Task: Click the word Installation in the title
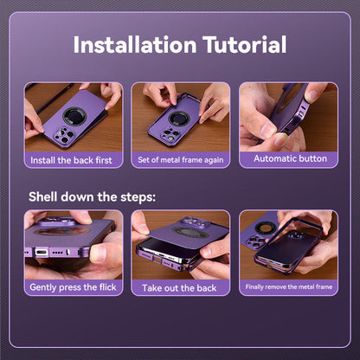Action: pos(135,45)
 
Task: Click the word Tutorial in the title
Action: pos(245,45)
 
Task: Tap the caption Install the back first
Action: pos(71,160)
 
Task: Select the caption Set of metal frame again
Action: pos(181,160)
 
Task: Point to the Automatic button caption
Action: pos(290,158)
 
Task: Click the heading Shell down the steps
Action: pos(92,197)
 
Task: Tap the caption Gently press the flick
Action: pos(73,287)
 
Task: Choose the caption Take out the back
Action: pos(179,288)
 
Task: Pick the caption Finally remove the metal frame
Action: pos(289,286)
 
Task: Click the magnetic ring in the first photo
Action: pos(74,117)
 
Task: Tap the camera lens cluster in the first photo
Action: pos(64,135)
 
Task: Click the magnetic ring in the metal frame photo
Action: pos(179,119)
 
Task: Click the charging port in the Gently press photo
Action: pos(42,253)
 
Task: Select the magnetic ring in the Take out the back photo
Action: pos(190,233)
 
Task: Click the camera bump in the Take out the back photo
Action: pos(194,222)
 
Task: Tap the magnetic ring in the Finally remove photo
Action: pos(263,228)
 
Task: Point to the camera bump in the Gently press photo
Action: pos(56,221)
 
